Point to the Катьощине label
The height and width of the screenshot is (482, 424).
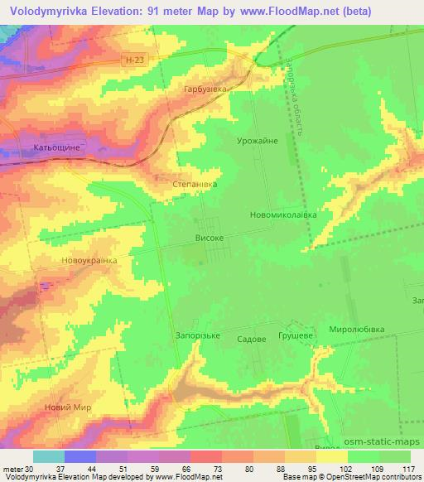pyautogui.click(x=56, y=147)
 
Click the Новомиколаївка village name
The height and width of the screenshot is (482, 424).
pyautogui.click(x=282, y=214)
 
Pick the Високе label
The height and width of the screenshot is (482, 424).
pyautogui.click(x=209, y=237)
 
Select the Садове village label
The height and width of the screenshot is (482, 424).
pyautogui.click(x=251, y=339)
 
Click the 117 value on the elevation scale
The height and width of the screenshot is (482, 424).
pyautogui.click(x=407, y=469)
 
